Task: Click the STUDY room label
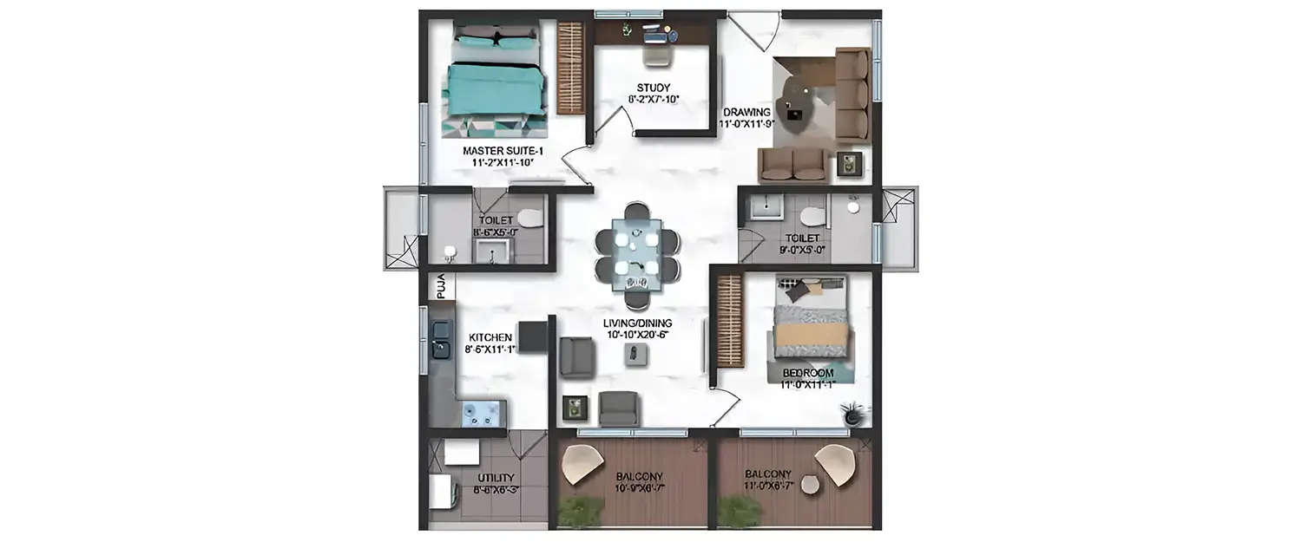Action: (653, 88)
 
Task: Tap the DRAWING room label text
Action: (746, 113)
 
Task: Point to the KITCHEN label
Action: (490, 337)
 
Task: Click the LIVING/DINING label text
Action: (638, 323)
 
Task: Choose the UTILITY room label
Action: (496, 478)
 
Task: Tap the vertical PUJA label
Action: (440, 285)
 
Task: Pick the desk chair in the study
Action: (656, 55)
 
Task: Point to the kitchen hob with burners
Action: (478, 414)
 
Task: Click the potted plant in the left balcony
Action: (580, 512)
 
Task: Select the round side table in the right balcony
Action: (810, 484)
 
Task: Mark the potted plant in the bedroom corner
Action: (853, 415)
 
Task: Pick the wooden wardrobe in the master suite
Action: (570, 68)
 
